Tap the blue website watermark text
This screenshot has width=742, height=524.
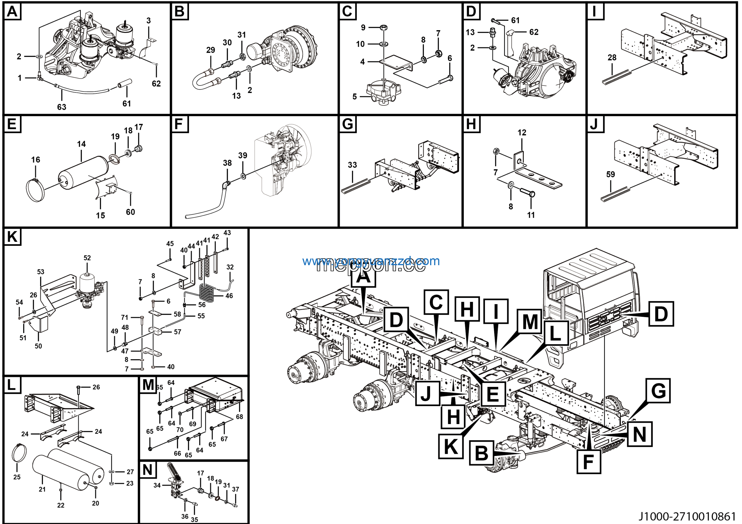pyautogui.click(x=371, y=261)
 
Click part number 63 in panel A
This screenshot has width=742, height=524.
pyautogui.click(x=61, y=107)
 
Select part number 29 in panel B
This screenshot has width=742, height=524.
pyautogui.click(x=210, y=50)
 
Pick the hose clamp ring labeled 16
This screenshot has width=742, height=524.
pyautogui.click(x=35, y=191)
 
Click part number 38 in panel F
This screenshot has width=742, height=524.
pyautogui.click(x=227, y=163)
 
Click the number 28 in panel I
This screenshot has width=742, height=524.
pyautogui.click(x=612, y=57)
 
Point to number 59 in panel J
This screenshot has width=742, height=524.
pyautogui.click(x=610, y=174)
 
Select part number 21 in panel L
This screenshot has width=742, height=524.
pyautogui.click(x=42, y=490)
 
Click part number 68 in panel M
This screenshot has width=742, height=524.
pyautogui.click(x=239, y=417)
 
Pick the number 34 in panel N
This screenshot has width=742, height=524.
pyautogui.click(x=157, y=485)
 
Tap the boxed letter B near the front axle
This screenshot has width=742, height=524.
pyautogui.click(x=481, y=453)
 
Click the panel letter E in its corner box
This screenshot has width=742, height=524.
pyautogui.click(x=12, y=124)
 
